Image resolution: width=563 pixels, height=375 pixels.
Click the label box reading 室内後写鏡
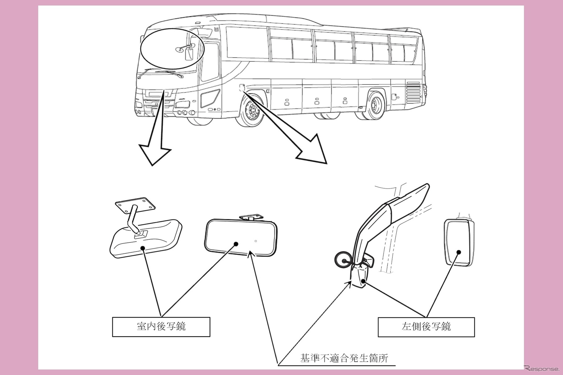[x=161, y=327]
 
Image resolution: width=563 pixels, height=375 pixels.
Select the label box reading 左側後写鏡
[x=426, y=327]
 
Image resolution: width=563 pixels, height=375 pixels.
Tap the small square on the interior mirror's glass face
[x=256, y=241]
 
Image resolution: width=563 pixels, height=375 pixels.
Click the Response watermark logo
[x=541, y=369]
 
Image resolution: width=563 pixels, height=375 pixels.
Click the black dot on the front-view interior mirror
[x=236, y=244]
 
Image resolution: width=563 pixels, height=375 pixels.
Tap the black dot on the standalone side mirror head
[x=459, y=252]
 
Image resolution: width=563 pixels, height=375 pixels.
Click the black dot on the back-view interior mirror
[x=143, y=248]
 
